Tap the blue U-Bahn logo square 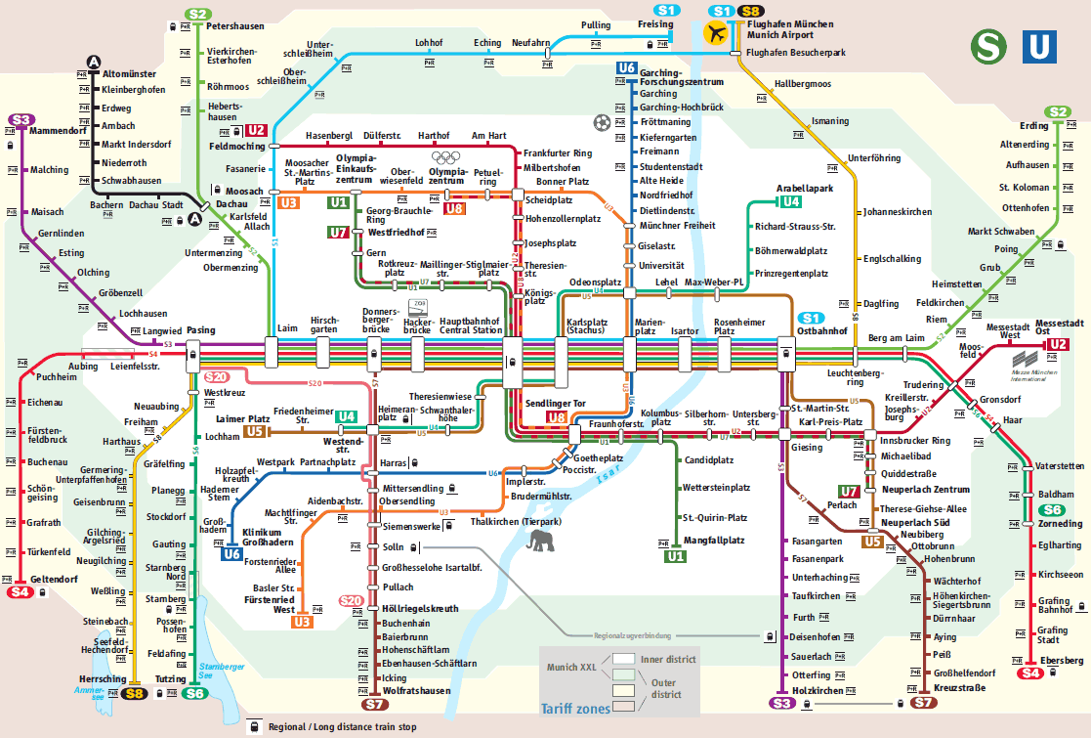tap(1039, 46)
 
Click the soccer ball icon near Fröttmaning tap(601, 123)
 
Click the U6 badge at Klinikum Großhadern tap(231, 554)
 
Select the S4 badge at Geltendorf tap(20, 592)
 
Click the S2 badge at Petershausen tap(198, 14)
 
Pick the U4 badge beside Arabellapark tap(790, 201)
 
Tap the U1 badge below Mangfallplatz tap(675, 556)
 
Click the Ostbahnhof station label tap(821, 331)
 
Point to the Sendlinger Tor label tap(556, 403)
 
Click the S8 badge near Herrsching tap(135, 693)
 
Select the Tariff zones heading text tap(574, 709)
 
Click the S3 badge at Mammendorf tap(21, 119)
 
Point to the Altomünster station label tap(129, 73)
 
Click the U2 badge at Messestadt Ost tap(1058, 343)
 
